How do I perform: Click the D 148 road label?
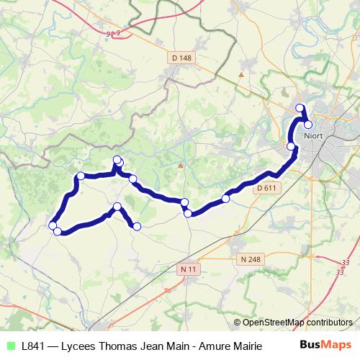pos(183,58)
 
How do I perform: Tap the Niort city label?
pos(312,135)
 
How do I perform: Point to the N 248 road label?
pos(249,259)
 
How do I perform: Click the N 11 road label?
pos(188,269)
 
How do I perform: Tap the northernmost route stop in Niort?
pos(301,109)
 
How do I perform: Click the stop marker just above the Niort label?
pos(308,125)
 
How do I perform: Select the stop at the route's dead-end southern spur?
pos(137,227)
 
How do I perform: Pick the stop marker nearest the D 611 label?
pos(226,198)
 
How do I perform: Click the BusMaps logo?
pos(325,345)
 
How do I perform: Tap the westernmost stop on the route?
pos(52,226)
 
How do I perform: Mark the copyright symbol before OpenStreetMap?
pos(237,323)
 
